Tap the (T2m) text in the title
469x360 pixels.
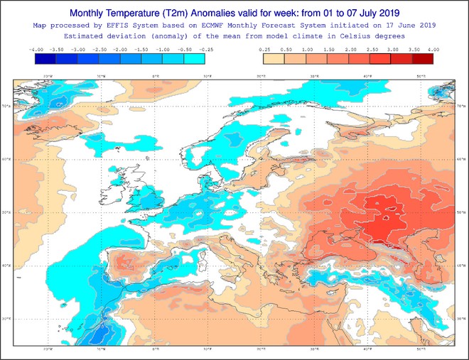tap(201, 13)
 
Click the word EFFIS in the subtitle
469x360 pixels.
tap(141, 25)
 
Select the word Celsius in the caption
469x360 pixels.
tap(347, 36)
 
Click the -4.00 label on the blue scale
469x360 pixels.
tap(35, 50)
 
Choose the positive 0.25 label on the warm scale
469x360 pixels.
tap(264, 50)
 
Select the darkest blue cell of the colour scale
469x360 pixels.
tap(45, 59)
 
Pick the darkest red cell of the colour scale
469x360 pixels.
tap(423, 59)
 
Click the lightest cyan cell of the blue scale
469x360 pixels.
tap(194, 59)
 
